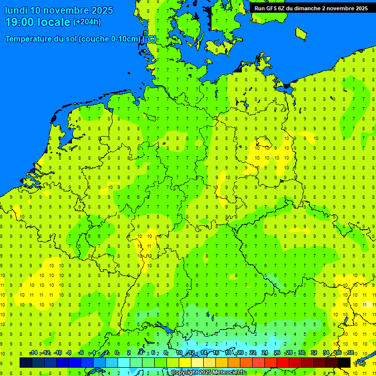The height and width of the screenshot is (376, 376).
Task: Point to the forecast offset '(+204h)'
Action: click(x=87, y=22)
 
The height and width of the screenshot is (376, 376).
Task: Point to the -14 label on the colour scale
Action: click(x=33, y=353)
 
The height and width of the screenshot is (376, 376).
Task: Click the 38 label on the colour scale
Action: click(x=350, y=353)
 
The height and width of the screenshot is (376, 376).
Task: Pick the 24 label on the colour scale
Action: click(x=265, y=353)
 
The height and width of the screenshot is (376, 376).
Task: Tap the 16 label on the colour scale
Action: click(x=216, y=353)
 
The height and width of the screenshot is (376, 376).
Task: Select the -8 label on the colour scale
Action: click(x=69, y=353)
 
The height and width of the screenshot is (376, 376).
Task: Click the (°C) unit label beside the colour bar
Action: click(x=360, y=363)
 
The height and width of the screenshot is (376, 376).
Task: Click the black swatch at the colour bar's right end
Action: click(x=344, y=362)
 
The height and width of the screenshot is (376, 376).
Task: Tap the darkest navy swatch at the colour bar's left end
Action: click(x=26, y=362)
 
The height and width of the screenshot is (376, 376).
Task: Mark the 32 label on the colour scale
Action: click(x=314, y=353)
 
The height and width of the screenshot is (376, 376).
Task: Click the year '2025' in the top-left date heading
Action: click(x=100, y=10)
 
